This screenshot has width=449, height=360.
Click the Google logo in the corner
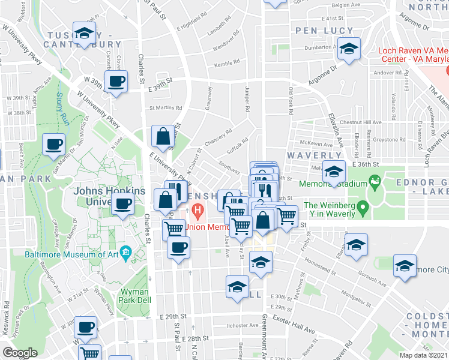[x=20, y=353]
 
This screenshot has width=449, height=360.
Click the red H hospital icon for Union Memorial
[x=197, y=210]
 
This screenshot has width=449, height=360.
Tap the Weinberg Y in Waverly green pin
[x=362, y=209]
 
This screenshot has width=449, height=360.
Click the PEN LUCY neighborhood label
[x=315, y=29]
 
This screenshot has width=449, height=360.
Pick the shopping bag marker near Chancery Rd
[x=162, y=137]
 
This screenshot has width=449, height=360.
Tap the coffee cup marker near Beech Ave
[x=54, y=145]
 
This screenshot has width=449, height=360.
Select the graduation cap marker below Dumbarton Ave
[x=348, y=49]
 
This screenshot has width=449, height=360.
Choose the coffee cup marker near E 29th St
[x=85, y=328]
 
